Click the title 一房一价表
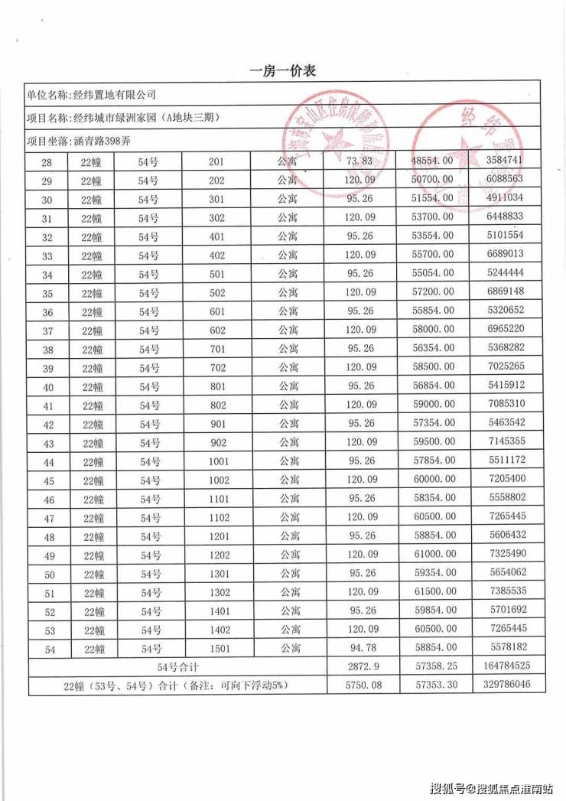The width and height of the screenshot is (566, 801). (283, 71)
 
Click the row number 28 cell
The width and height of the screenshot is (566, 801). (46, 161)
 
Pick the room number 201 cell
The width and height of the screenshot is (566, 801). (216, 161)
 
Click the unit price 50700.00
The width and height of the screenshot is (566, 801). (432, 179)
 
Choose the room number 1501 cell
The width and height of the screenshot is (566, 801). (218, 649)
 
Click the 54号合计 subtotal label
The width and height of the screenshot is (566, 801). (176, 667)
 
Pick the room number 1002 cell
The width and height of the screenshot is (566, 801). (218, 480)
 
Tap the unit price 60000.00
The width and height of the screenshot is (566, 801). (432, 480)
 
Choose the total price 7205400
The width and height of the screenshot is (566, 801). (504, 480)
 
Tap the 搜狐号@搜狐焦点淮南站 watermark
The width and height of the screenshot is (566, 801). (493, 787)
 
